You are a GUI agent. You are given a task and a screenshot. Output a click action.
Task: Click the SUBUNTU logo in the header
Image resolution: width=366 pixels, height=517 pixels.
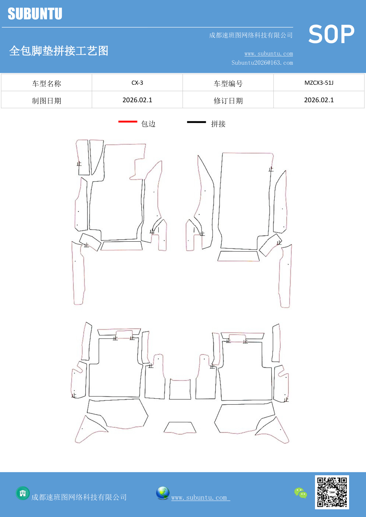pyautogui.click(x=35, y=14)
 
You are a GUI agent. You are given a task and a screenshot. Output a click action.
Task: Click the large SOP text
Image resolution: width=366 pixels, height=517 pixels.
pyautogui.click(x=331, y=34)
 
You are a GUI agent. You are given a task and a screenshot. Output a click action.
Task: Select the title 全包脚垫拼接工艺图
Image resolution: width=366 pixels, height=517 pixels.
pyautogui.click(x=59, y=51)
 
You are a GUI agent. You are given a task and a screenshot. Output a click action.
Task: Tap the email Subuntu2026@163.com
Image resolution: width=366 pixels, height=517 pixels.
pyautogui.click(x=262, y=63)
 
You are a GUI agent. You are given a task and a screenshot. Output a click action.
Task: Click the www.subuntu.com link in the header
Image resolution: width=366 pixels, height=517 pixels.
pyautogui.click(x=269, y=54)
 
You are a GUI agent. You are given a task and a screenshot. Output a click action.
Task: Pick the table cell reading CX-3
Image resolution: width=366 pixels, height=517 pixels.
pyautogui.click(x=137, y=83)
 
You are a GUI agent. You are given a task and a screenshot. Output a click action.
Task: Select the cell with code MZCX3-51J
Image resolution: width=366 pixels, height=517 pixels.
pyautogui.click(x=319, y=83)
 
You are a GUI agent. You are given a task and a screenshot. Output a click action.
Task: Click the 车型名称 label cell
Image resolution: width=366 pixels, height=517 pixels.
pyautogui.click(x=47, y=83)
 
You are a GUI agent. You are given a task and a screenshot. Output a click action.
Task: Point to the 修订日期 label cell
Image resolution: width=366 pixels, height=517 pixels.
pyautogui.click(x=228, y=100)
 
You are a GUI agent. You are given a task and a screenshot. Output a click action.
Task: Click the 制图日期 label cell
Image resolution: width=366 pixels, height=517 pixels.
pyautogui.click(x=47, y=100)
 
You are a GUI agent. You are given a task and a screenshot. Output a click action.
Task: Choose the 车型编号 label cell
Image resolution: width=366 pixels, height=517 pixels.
pyautogui.click(x=228, y=83)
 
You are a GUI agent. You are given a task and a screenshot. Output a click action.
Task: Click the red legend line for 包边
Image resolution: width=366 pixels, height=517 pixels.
pyautogui.click(x=128, y=122)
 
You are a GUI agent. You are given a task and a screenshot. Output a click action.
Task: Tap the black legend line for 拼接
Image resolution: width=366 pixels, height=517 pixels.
pyautogui.click(x=196, y=122)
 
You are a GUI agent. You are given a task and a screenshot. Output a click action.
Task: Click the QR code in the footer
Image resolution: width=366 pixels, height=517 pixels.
pyautogui.click(x=332, y=492)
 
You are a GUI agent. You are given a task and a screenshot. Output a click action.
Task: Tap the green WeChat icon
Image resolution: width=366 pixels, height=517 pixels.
pyautogui.click(x=301, y=493)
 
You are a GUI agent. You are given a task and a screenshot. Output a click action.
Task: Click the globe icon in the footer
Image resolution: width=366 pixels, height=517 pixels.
pyautogui.click(x=163, y=493)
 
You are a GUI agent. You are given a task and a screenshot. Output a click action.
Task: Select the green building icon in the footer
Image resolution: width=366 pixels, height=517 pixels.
pyautogui.click(x=23, y=493)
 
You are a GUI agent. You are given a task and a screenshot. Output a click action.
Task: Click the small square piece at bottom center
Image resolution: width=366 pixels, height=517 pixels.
pyautogui.click(x=180, y=389)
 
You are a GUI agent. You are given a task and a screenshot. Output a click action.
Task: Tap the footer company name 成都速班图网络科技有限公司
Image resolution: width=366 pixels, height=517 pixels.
pyautogui.click(x=79, y=497)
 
